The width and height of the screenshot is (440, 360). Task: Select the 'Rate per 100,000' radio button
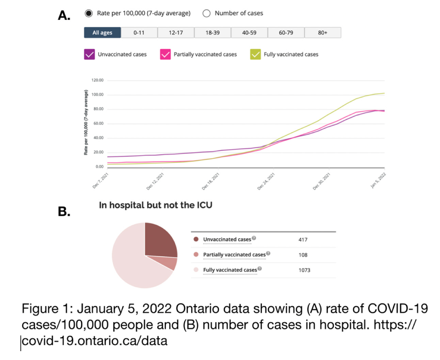(x=89, y=13)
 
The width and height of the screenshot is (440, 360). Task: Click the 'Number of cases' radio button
(x=206, y=13)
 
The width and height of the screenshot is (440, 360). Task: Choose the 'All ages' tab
(x=102, y=33)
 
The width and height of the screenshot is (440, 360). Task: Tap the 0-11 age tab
(x=139, y=33)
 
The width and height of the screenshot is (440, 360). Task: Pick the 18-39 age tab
(x=213, y=33)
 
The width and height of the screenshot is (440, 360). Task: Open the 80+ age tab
(x=323, y=33)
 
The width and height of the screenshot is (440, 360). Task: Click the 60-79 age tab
(x=286, y=33)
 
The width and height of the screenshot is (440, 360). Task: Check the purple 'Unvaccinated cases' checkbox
(x=89, y=54)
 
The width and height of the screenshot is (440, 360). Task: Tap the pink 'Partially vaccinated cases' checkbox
(x=165, y=54)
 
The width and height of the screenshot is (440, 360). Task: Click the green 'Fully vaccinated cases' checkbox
(x=255, y=54)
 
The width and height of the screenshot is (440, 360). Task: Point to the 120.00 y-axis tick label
(x=97, y=80)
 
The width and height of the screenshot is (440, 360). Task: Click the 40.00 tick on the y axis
(x=98, y=138)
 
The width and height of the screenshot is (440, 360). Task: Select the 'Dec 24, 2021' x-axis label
(x=266, y=181)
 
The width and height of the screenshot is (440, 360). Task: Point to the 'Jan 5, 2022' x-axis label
(x=378, y=180)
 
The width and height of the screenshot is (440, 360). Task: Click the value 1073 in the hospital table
(x=304, y=270)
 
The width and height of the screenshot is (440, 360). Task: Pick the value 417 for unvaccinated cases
(x=303, y=240)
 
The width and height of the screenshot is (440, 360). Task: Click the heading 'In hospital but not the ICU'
(x=156, y=205)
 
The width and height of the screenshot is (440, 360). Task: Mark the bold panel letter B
(x=64, y=211)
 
